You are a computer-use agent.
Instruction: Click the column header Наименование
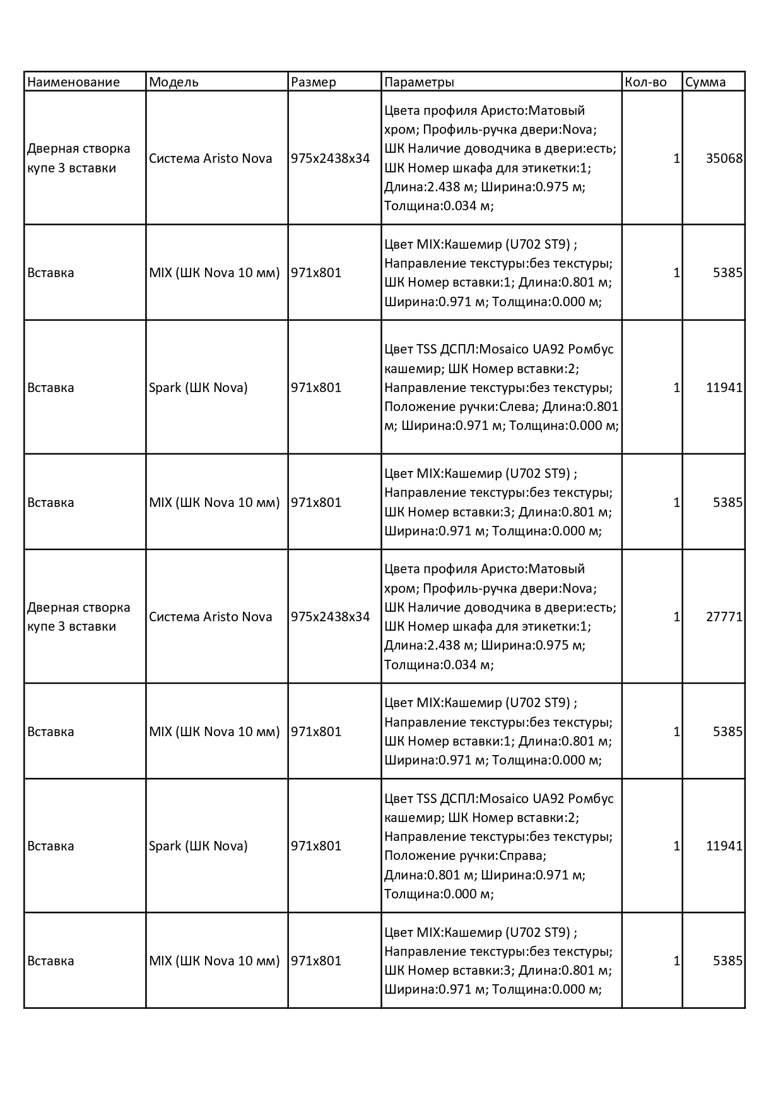tap(73, 82)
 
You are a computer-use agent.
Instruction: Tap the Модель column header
tap(174, 82)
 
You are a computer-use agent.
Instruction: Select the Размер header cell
tap(313, 82)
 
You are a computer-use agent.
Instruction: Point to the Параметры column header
tap(419, 82)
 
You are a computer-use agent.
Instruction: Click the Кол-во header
tap(645, 82)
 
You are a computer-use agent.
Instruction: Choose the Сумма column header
tap(705, 82)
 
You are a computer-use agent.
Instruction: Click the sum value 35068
tap(724, 158)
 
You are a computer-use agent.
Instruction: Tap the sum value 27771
tap(724, 617)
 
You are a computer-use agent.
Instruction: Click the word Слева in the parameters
tap(517, 407)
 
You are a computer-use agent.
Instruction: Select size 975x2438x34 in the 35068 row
tap(330, 158)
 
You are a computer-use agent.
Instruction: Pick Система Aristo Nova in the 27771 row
tap(210, 617)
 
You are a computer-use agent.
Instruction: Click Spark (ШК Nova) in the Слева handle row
tap(198, 388)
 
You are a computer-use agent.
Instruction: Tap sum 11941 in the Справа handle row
tap(724, 846)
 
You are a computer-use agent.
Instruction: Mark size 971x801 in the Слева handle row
tap(315, 388)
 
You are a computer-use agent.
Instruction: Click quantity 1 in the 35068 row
tap(676, 158)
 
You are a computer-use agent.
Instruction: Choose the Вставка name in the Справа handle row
tap(50, 846)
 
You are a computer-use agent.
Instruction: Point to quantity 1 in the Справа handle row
tap(676, 846)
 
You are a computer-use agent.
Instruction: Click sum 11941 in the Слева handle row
tap(724, 388)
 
